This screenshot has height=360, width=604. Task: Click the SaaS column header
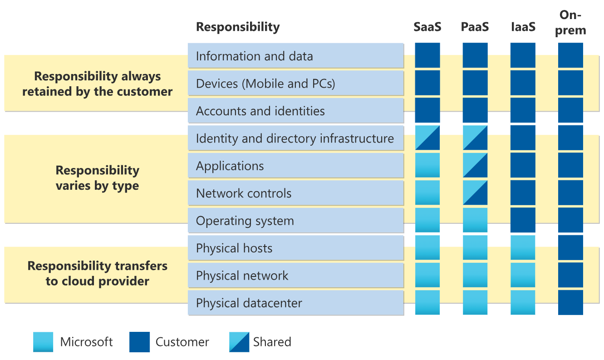point(427,27)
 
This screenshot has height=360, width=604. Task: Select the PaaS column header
point(475,27)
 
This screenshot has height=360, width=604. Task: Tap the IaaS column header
point(523,27)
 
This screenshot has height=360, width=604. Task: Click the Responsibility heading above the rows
point(237,27)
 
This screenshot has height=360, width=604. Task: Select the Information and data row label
point(254,56)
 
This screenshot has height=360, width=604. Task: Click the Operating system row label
point(245,221)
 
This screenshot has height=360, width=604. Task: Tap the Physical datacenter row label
point(249,303)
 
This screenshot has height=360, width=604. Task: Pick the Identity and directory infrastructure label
point(295,138)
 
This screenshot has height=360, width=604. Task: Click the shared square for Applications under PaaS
point(475,165)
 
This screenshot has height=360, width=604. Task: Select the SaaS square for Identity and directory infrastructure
point(427,138)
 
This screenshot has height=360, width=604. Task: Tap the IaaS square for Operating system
point(523,220)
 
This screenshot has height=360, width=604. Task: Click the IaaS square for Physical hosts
point(523,247)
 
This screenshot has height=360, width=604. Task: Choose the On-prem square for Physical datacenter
point(570,302)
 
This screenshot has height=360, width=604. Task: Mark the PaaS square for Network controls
point(475,193)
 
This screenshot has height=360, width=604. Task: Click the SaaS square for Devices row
point(427,83)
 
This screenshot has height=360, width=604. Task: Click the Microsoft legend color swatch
point(43,342)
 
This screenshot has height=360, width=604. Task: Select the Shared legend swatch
point(239,342)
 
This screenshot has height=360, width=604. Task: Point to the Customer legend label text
point(182,342)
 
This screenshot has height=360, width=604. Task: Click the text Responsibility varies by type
point(97,178)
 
